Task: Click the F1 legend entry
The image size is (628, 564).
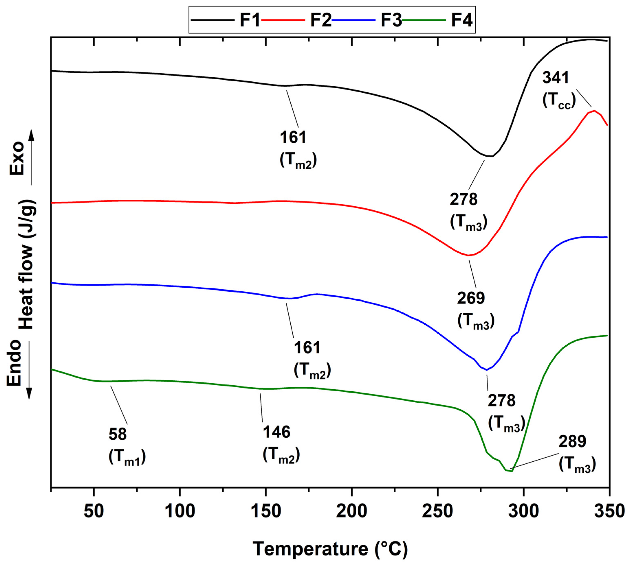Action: tap(249, 20)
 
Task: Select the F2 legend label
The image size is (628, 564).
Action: tap(321, 20)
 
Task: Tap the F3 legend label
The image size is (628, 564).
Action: tap(391, 20)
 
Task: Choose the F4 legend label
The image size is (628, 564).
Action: tap(462, 20)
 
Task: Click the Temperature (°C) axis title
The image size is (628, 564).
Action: tap(330, 549)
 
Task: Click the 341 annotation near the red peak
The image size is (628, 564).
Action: tap(556, 78)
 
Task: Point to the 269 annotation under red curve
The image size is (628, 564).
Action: tap(471, 298)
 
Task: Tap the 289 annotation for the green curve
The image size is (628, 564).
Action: tap(572, 442)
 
